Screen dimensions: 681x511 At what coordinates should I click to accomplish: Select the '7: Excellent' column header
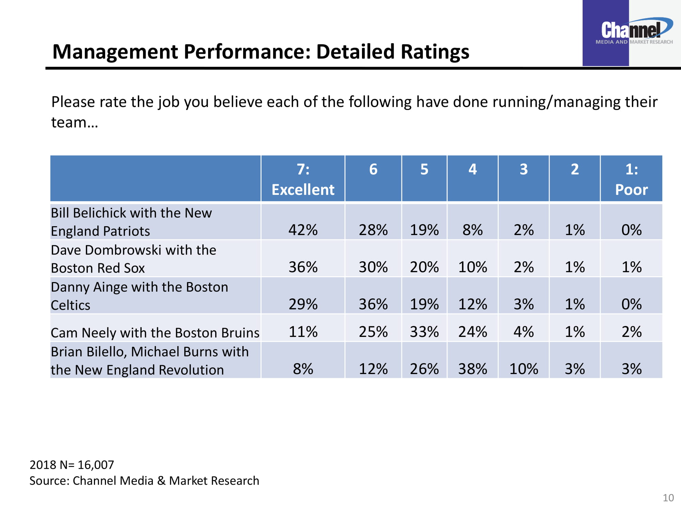tap(303, 179)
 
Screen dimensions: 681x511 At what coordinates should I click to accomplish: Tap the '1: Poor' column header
tap(631, 179)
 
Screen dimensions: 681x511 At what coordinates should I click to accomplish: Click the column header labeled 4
tap(473, 169)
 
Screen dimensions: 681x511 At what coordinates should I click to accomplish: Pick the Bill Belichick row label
tap(131, 222)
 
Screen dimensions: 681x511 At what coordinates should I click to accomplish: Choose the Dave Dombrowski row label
tap(133, 259)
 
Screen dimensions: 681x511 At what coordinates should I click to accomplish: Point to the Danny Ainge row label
tap(139, 296)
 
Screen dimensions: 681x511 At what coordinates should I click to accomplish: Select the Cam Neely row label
tap(155, 332)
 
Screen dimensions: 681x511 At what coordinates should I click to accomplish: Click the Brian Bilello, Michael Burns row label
tap(150, 361)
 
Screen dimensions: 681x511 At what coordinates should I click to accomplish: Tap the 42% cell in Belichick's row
tap(303, 230)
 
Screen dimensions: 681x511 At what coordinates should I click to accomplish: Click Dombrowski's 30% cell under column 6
tap(373, 267)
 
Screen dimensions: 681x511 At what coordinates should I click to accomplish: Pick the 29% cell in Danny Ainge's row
tap(303, 304)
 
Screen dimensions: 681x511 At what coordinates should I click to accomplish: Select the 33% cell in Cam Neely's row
tap(424, 332)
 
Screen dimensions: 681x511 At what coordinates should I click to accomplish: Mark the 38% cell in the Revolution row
tap(473, 369)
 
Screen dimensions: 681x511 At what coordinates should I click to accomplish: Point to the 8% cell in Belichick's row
tap(473, 230)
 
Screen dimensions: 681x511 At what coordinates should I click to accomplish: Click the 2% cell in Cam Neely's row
tap(632, 332)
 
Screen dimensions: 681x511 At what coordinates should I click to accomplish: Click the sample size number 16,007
tap(96, 465)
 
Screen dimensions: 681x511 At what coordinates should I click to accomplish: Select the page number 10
tap(668, 498)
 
